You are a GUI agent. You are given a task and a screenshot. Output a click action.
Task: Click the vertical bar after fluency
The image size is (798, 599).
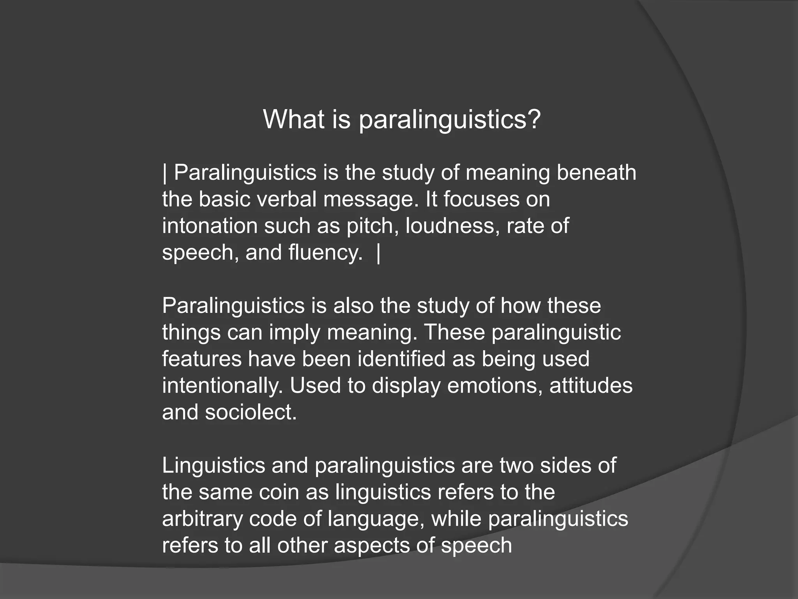(378, 253)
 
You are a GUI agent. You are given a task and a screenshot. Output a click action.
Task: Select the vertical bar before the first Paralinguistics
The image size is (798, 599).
(165, 173)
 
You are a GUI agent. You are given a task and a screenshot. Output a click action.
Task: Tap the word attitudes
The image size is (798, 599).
(591, 386)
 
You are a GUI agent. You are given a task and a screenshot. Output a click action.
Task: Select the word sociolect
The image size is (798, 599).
(251, 412)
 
